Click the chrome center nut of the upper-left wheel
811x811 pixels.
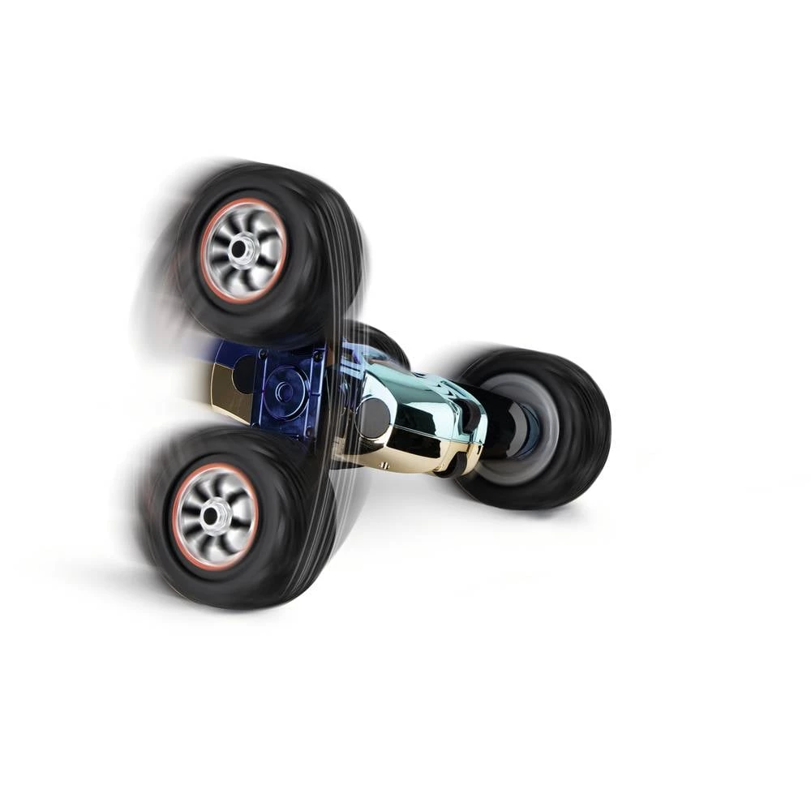[241, 249]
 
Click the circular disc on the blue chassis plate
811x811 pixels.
[284, 391]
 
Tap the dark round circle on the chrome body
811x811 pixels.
[373, 418]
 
